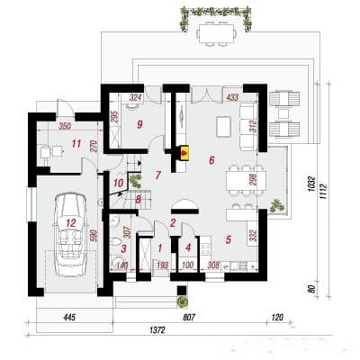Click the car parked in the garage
68,237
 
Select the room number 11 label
51,143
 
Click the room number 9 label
140,124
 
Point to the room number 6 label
212,160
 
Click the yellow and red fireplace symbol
185,152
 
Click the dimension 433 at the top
232,95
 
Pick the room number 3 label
123,247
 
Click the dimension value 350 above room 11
64,127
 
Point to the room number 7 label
157,174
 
